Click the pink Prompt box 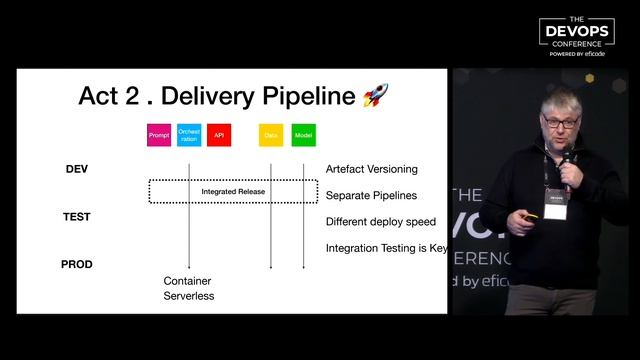tap(159, 134)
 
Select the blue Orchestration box tap(189, 134)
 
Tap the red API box tap(219, 134)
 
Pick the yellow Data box tap(271, 134)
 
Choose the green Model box tap(304, 134)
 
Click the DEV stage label tap(77, 169)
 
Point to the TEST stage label tap(77, 216)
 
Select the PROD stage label tap(77, 264)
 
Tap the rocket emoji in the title tap(376, 96)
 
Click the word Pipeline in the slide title tap(307, 97)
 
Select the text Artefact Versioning tap(372, 169)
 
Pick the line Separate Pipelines tap(371, 195)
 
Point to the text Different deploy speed tap(379, 222)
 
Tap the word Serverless tap(189, 296)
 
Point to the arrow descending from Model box tap(304, 210)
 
